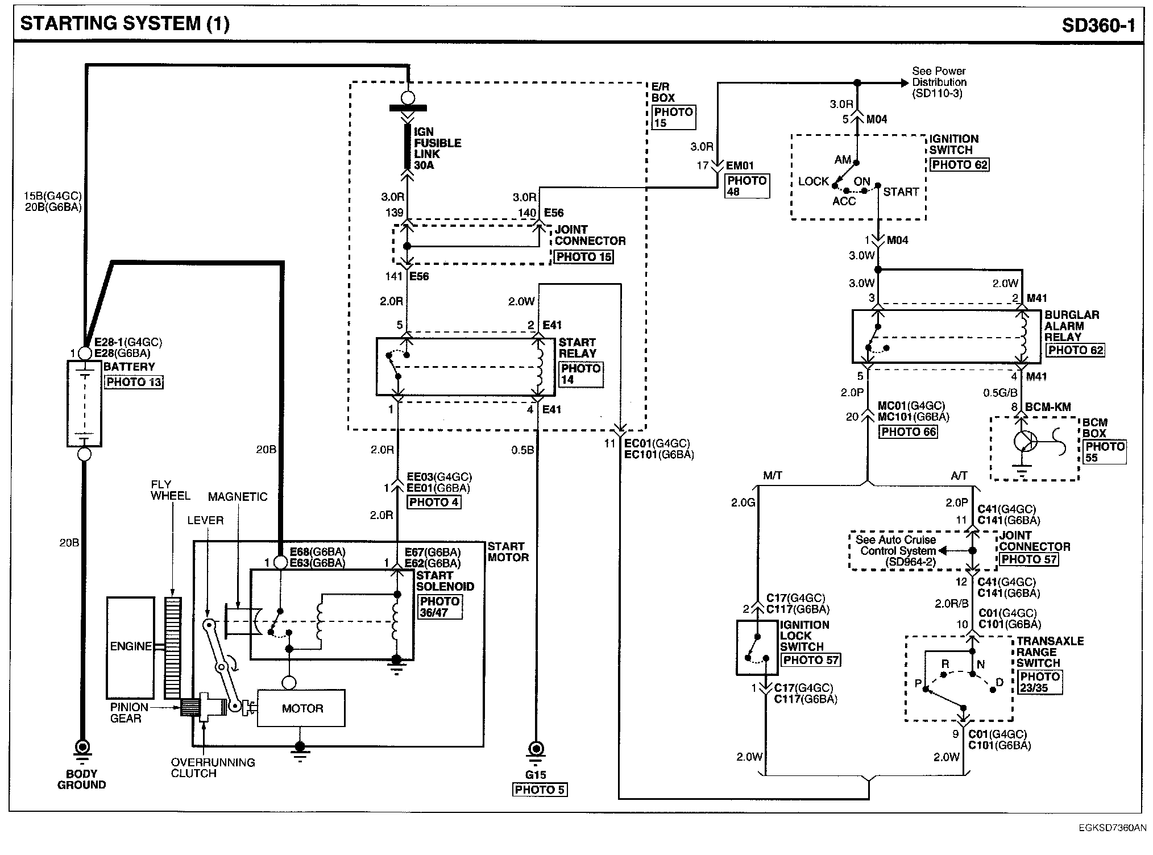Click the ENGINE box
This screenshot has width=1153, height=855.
[130, 648]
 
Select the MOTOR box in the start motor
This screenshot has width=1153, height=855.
[301, 708]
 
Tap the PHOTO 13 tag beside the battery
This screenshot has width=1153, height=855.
[134, 382]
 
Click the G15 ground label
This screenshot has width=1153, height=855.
[536, 774]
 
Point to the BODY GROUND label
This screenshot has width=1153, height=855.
[82, 779]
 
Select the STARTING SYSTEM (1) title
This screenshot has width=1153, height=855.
[125, 24]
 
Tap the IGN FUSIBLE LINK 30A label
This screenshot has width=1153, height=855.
[437, 148]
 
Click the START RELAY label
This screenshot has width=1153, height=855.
[578, 348]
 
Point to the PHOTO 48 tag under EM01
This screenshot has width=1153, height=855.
[748, 186]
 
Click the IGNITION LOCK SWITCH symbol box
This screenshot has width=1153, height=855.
[757, 648]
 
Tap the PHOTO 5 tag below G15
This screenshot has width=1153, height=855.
[540, 790]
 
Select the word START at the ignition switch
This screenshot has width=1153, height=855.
[901, 192]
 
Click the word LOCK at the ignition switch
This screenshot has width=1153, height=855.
[814, 181]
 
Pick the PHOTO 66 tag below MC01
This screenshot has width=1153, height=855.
[909, 432]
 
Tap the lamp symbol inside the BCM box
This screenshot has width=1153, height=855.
[1026, 442]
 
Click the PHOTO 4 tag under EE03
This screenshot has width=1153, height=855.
[434, 503]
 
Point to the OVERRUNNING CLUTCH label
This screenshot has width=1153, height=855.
[213, 768]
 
